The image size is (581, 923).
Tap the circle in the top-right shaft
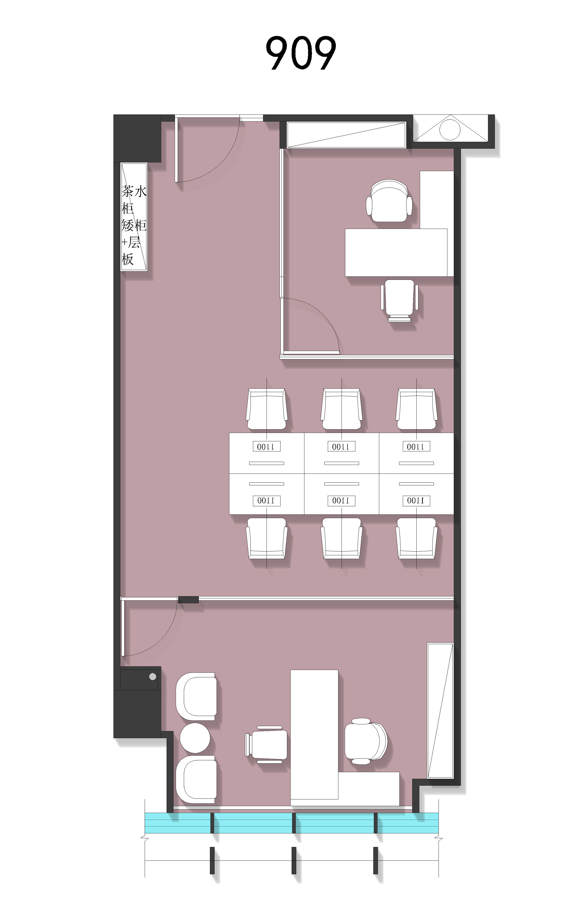pyautogui.click(x=450, y=129)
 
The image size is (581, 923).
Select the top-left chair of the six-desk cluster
pyautogui.click(x=266, y=409)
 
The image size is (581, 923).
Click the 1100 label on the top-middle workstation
pyautogui.click(x=341, y=446)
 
